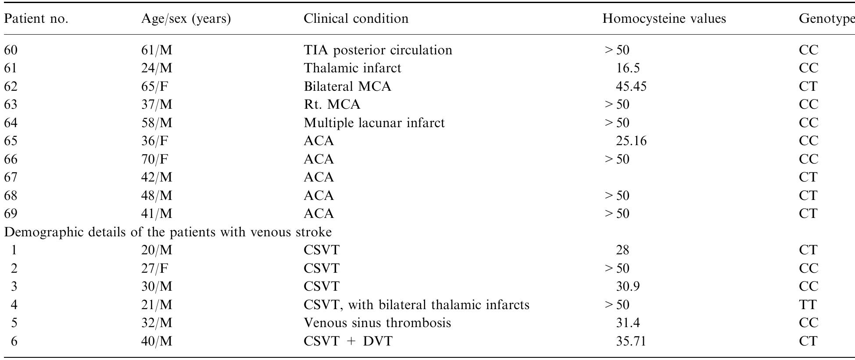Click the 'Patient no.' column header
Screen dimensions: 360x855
click(36, 19)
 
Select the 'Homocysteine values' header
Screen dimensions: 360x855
click(664, 19)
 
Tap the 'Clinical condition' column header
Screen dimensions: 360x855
click(356, 19)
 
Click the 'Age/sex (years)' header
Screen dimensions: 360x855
click(186, 19)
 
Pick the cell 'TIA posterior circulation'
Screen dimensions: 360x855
click(378, 50)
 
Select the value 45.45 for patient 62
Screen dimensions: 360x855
click(631, 86)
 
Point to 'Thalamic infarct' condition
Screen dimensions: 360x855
click(352, 68)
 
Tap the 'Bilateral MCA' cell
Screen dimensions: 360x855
click(347, 86)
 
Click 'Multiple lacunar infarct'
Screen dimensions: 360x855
click(374, 123)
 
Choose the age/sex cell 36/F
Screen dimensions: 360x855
click(155, 141)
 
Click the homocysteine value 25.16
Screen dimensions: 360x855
click(631, 141)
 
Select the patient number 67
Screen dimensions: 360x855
click(11, 178)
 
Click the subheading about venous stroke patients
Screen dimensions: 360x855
click(168, 232)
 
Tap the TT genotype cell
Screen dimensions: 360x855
click(808, 305)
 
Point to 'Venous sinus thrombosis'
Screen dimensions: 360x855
click(377, 323)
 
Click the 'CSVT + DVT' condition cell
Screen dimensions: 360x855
click(348, 341)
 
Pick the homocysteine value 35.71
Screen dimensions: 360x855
click(631, 341)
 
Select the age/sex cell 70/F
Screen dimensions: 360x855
click(155, 159)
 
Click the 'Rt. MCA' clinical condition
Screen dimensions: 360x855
click(332, 105)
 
